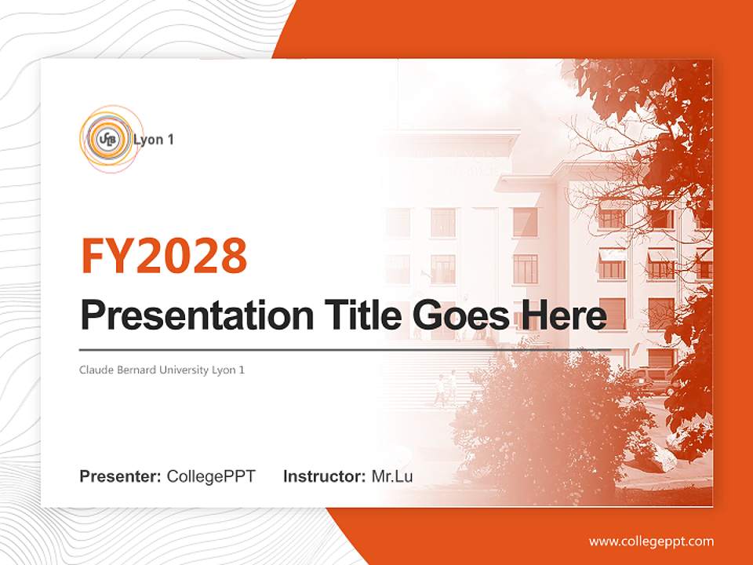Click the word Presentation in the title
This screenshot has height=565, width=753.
pos(185,316)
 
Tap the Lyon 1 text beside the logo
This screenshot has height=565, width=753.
pos(154,140)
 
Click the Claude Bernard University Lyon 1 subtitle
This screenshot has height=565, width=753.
pos(162,370)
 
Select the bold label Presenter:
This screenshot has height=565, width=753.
pos(121,476)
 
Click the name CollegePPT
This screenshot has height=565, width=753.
pos(211,476)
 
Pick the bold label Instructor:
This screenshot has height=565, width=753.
pos(324,476)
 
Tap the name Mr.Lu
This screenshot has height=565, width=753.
pos(392,476)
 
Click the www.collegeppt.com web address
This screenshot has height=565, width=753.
pos(651,541)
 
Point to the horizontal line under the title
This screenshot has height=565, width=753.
pos(345,350)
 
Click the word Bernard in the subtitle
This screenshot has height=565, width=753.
pos(134,370)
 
